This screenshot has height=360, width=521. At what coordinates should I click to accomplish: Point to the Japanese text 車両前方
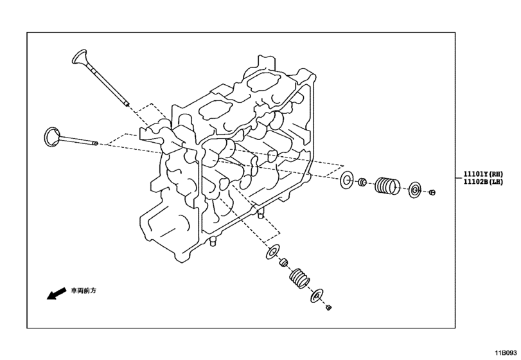(83, 291)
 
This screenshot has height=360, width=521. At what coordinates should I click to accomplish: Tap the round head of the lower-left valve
(50, 136)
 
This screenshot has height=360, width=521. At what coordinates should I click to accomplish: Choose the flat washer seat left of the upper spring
(347, 181)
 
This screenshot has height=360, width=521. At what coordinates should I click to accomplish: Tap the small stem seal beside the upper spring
(362, 183)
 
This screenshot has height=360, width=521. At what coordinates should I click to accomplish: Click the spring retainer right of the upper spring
(415, 190)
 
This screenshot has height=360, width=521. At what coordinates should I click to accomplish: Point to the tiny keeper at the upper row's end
(432, 192)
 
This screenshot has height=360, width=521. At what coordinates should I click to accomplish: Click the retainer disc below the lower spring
(316, 296)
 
